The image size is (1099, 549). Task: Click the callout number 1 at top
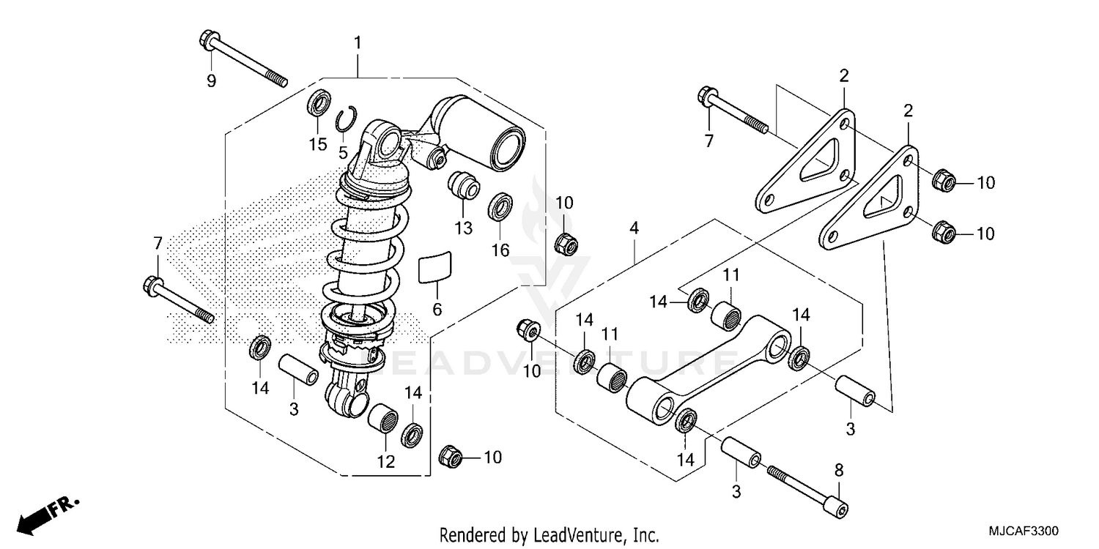[358, 44]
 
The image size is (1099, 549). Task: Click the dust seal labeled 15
[318, 105]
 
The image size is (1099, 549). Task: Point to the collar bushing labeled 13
[464, 184]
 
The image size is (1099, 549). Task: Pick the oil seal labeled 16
[500, 207]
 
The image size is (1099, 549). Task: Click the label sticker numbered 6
[435, 267]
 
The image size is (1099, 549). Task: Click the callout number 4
[634, 228]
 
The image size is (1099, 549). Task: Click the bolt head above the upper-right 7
[708, 97]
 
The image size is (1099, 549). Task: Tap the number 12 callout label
[385, 462]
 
